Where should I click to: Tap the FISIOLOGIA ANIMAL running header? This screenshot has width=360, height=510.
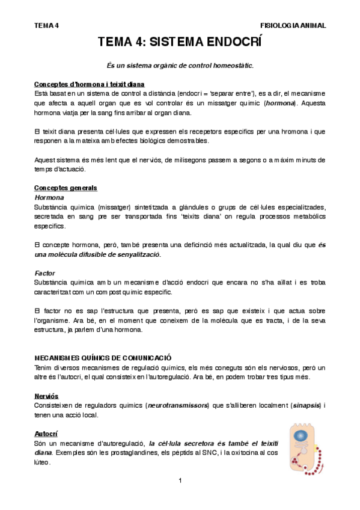point(293,25)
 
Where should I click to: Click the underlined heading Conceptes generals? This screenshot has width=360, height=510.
point(66,188)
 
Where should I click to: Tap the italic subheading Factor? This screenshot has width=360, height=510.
point(45,272)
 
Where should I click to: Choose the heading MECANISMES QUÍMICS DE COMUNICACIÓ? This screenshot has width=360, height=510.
point(103,357)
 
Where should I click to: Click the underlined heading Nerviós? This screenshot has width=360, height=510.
point(46,396)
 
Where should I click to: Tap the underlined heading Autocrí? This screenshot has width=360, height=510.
point(46,433)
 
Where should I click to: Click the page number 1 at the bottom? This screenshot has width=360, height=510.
point(180,481)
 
